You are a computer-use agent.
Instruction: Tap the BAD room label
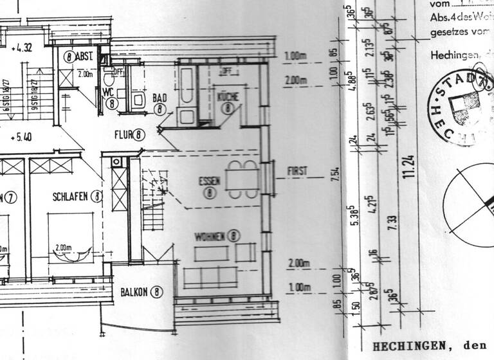160,98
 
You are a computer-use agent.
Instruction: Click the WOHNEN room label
210,237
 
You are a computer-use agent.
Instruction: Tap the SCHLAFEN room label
71,195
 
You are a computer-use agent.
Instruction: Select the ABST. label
84,56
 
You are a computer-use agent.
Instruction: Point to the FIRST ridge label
297,171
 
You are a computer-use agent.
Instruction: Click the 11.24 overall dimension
409,168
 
